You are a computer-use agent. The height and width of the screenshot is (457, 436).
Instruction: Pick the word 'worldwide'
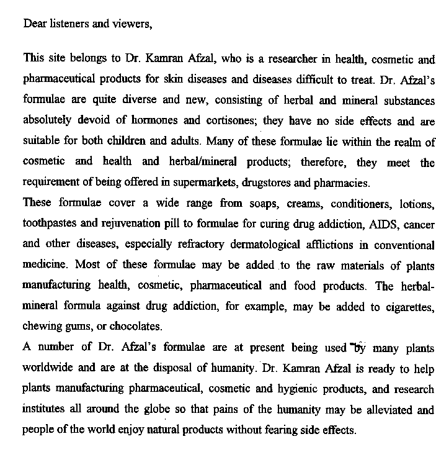click(48, 368)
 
